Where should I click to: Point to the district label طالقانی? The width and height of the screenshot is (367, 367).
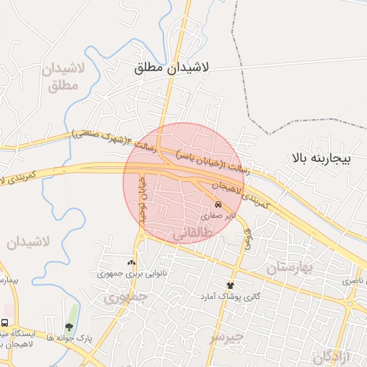point(194,234)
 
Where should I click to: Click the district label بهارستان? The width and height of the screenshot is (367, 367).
point(292,269)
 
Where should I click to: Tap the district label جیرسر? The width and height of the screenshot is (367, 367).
point(227,335)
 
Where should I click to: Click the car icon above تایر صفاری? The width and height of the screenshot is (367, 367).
point(219,204)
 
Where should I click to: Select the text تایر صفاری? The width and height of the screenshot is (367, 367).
point(217,214)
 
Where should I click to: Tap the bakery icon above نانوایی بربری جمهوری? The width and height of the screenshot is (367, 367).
point(130,263)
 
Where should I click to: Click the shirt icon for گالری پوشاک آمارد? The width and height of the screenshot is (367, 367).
point(231,285)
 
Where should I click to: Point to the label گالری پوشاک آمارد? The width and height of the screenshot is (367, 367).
point(231,295)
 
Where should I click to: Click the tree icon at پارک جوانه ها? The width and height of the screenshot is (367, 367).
point(69,328)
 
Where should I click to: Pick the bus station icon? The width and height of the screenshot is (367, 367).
point(5,323)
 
